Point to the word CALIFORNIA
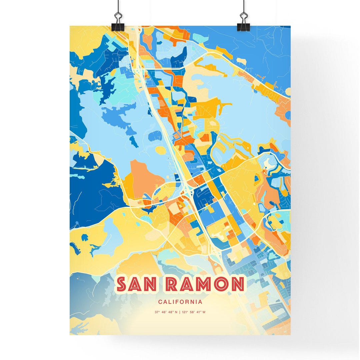[x=180, y=302]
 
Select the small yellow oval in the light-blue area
[x=160, y=151]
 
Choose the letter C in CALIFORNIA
[x=160, y=302]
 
